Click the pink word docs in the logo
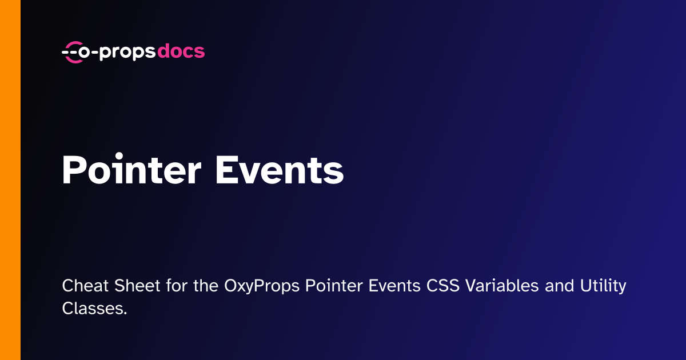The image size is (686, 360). point(181,51)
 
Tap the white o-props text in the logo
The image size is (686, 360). point(117,53)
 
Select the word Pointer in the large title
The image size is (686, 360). point(131,169)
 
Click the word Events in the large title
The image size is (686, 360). point(280,170)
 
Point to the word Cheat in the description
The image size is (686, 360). point(85,286)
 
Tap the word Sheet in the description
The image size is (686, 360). point(137,286)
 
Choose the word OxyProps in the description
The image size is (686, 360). point(262,286)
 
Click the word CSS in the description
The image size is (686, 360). point(443,286)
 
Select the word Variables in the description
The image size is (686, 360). point(502,286)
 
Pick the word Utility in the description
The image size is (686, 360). point(603,286)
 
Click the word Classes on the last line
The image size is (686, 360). point(94,308)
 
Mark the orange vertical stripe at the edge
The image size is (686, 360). point(10,180)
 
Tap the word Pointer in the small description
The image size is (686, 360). point(334,286)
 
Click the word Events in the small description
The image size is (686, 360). point(394,286)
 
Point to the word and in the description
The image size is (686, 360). point(560,286)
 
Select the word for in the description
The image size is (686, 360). point(177,286)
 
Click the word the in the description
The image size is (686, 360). point(206,286)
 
